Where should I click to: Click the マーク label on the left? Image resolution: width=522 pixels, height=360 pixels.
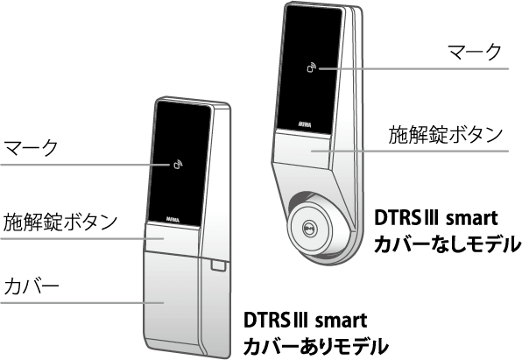tap(31, 146)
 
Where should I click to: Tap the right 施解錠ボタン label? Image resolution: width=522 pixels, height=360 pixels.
tap(446, 136)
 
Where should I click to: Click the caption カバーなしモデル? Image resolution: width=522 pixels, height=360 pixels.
tap(447, 244)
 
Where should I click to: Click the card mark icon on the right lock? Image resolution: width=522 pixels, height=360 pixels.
tap(312, 67)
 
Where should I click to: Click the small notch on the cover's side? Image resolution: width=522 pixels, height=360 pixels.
tap(215, 263)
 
